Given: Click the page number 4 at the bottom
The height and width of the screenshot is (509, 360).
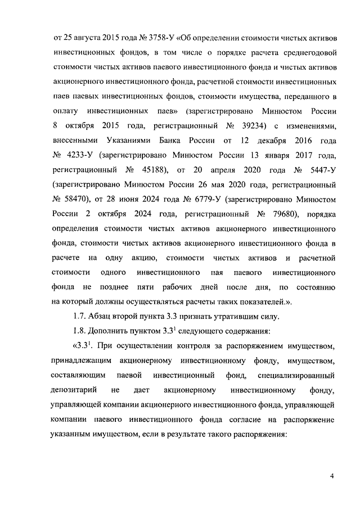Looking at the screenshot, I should (x=332, y=476).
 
